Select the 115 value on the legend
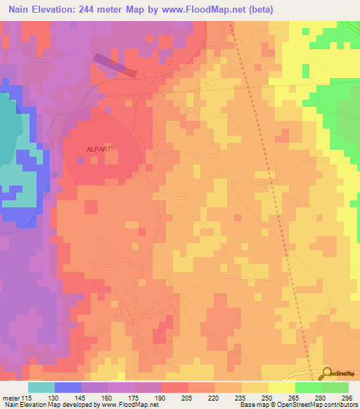(26, 397)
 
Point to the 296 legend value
(346, 397)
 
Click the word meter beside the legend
(11, 397)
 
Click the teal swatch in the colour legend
(41, 387)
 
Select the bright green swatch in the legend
(308, 387)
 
